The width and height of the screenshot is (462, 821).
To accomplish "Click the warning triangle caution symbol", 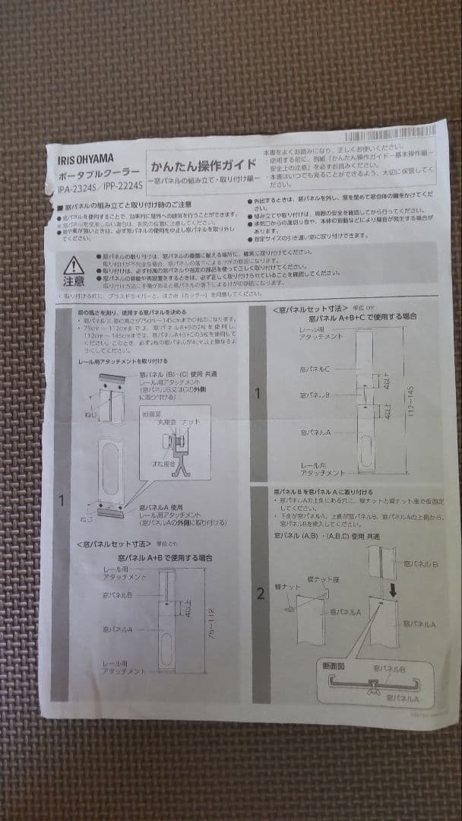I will (74, 265).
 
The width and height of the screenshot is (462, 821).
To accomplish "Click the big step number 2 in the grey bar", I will (261, 594).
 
